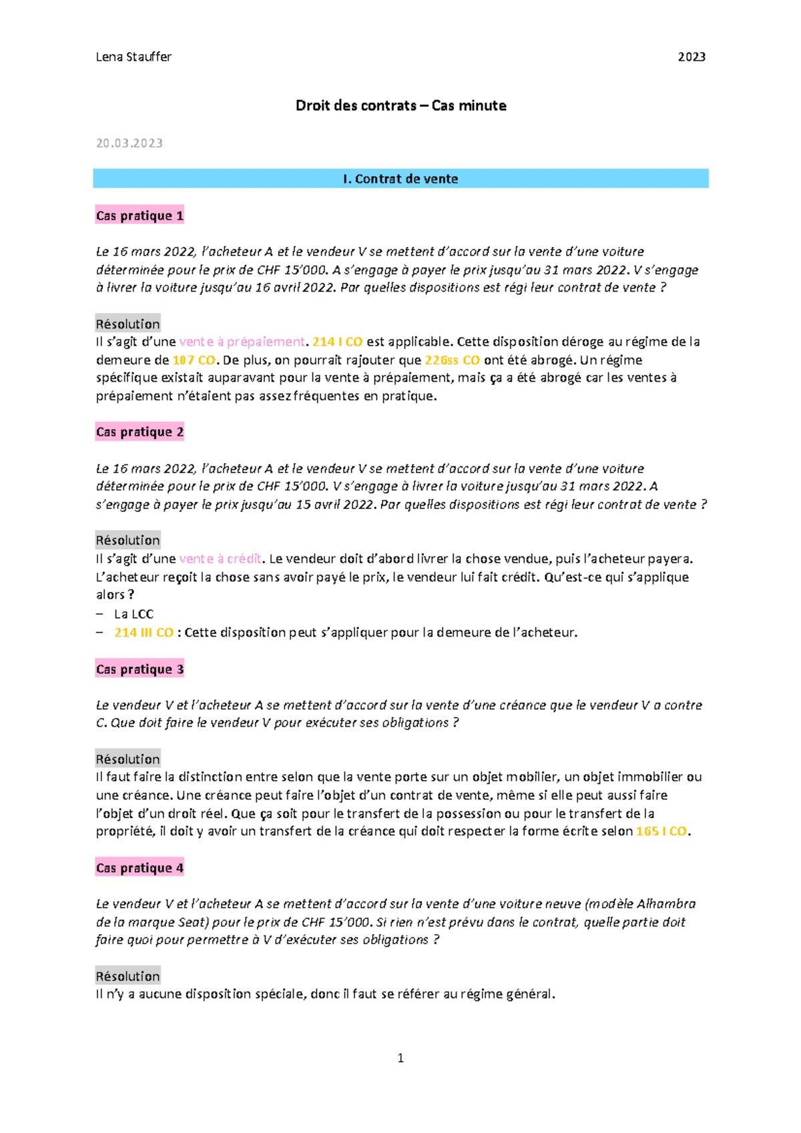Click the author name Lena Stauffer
133,57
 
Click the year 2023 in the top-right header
692,57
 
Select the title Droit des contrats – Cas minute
400,105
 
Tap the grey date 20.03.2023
129,143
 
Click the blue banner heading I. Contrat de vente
400,179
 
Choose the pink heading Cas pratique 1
140,216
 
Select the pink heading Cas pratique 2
140,432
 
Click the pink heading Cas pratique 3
140,669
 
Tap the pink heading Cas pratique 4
140,867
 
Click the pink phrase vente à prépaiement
242,342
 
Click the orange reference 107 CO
194,360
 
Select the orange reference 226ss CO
453,360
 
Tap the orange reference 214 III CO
144,633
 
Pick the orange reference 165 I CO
661,831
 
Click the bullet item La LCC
133,614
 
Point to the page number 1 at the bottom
400,1058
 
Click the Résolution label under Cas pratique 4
128,976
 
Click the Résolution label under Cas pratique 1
128,324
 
